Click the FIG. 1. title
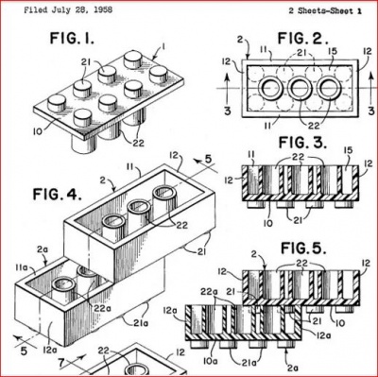point(72,39)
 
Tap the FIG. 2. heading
point(303,39)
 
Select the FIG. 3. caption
point(302,143)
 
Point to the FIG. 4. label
point(58,195)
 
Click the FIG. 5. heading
point(303,248)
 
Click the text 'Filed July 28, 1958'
point(68,9)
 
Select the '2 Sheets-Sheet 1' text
point(325,11)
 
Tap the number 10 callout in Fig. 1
point(38,131)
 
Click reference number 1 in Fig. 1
point(163,47)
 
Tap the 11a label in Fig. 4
point(22,267)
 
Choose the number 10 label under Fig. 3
point(267,223)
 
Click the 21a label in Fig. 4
point(140,323)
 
